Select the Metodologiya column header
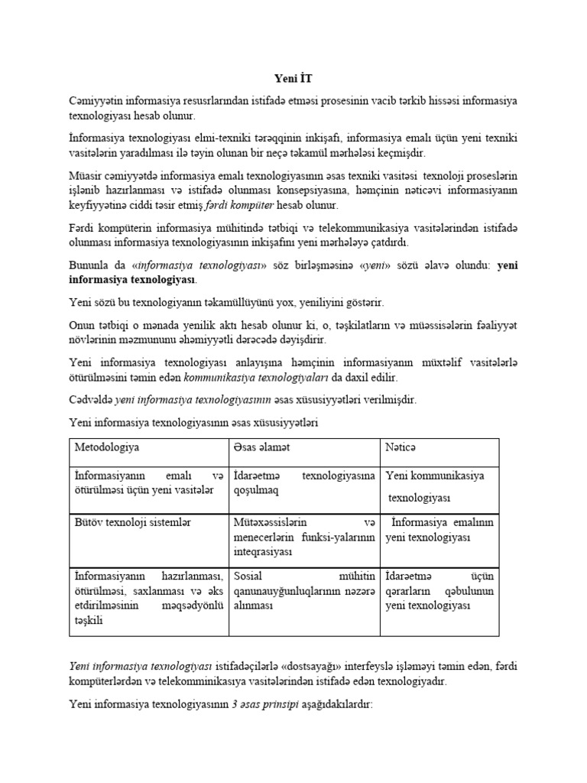coord(107,446)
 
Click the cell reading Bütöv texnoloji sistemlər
coord(132,522)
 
